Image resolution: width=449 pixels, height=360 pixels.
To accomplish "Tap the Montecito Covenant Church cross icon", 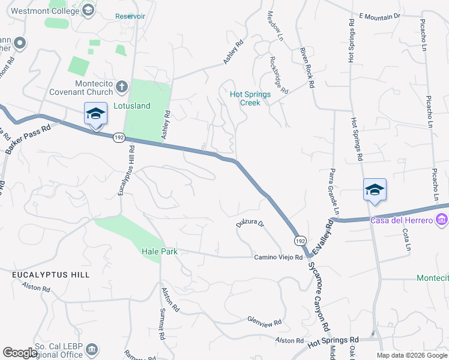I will (121, 86).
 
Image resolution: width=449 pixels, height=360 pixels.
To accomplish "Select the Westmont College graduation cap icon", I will (88, 11).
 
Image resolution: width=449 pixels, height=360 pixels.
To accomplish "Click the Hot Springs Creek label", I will (250, 98).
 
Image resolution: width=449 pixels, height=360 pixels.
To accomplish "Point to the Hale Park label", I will (160, 252).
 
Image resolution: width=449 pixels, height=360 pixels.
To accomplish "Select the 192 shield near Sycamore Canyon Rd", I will (300, 240).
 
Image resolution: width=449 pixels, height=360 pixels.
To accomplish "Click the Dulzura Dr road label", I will (250, 224).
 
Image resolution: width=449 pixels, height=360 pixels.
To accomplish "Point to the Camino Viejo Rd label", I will (278, 257).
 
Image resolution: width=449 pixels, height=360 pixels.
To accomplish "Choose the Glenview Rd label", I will (264, 322).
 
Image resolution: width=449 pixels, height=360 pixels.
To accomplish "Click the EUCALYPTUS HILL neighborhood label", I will (51, 275).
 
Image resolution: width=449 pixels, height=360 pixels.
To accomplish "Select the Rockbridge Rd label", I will (279, 75).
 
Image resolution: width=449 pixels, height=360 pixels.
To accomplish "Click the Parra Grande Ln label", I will (333, 192).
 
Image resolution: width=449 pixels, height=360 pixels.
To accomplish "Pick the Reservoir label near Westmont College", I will (130, 16).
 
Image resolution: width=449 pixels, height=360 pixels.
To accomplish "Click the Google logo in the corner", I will (19, 353).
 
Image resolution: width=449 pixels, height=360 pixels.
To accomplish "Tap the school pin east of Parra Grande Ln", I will (375, 191).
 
